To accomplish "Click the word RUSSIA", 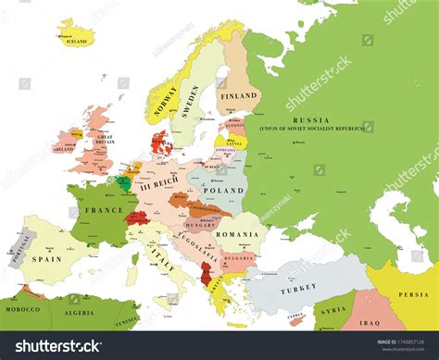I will (x=310, y=120).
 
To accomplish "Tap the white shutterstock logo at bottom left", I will (x=54, y=346).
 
